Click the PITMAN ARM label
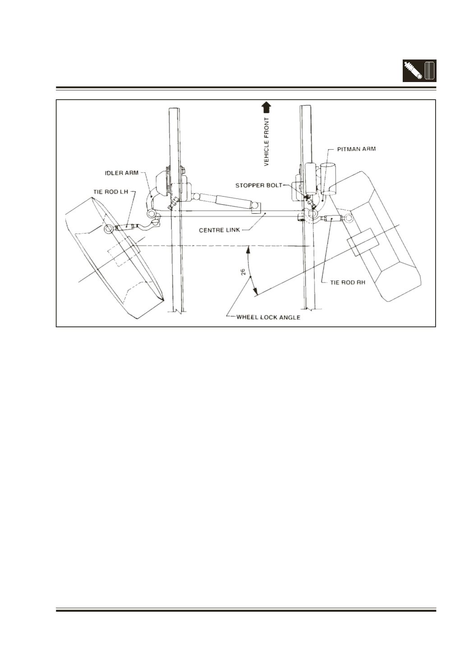(356, 149)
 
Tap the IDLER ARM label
(122, 173)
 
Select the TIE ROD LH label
(111, 192)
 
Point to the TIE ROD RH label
(347, 283)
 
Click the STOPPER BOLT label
(259, 186)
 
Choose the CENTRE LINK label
(219, 230)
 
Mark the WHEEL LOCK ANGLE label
(268, 317)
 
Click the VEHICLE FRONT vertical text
(267, 142)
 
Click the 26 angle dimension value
(243, 272)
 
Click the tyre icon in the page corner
(430, 71)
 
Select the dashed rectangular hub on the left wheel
(120, 256)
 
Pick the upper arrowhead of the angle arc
(247, 251)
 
